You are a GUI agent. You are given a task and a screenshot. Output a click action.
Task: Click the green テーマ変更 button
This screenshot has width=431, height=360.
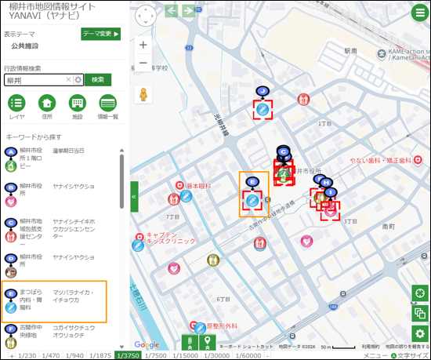[100, 34]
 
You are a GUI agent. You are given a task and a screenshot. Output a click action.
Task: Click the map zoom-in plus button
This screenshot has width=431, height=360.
[143, 45]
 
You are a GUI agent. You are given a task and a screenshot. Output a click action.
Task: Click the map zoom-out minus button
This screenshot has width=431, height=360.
[143, 64]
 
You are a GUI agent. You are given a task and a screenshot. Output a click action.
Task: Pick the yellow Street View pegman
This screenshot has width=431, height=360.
[143, 95]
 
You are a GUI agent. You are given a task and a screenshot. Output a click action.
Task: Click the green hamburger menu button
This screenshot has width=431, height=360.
[419, 13]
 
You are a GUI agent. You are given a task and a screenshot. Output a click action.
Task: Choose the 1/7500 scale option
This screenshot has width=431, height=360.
[157, 355]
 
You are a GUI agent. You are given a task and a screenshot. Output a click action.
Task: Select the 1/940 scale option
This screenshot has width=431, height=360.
[75, 355]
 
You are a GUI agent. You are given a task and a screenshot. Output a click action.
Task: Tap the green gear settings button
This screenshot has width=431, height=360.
[421, 333]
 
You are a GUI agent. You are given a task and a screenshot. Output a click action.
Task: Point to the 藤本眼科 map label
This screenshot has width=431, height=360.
[199, 187]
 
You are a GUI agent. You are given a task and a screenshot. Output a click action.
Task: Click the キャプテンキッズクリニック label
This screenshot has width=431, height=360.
[168, 238]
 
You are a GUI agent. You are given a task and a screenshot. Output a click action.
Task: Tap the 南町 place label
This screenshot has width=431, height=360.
[388, 224]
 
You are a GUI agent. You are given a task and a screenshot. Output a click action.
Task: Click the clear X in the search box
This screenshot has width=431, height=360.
[68, 80]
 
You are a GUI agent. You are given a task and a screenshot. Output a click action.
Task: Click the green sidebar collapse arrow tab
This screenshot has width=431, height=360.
[134, 196]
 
